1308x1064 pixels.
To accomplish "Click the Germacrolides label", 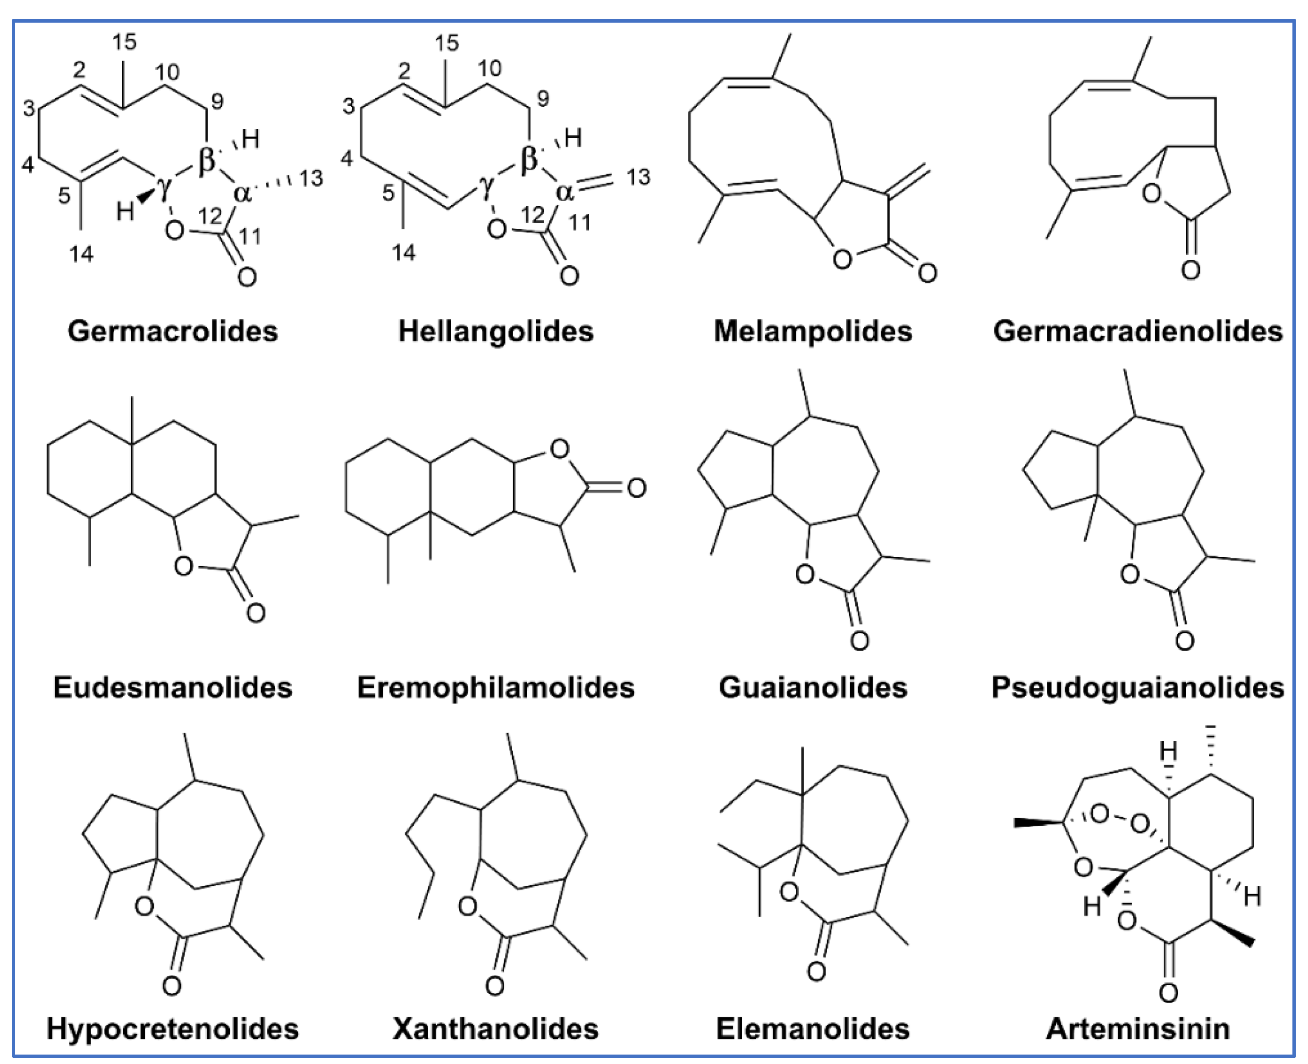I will tap(172, 331).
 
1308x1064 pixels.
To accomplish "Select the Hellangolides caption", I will tap(496, 331).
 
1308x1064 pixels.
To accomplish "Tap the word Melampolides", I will tap(812, 331).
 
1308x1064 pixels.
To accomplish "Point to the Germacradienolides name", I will tap(1138, 331).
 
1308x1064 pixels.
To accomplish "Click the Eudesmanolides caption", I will tap(172, 687).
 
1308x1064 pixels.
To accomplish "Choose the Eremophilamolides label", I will tap(496, 687).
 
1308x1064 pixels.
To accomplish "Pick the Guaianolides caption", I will tap(812, 687).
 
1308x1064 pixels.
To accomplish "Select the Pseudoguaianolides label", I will tap(1138, 687).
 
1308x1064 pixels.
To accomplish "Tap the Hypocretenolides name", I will tap(172, 1029).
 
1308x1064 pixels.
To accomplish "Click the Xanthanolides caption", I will tap(496, 1029).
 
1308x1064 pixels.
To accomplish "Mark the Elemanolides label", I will tap(812, 1029).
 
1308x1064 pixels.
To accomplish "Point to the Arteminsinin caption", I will tap(1138, 1029).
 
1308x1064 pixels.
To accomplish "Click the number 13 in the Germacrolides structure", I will tap(311, 178).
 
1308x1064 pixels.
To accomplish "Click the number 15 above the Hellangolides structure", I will tap(447, 43).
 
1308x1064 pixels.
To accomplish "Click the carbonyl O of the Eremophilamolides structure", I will tap(636, 488).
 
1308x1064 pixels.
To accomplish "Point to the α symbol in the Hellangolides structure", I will tap(564, 192).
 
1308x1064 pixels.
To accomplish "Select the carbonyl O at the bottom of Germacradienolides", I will tap(1190, 270).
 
